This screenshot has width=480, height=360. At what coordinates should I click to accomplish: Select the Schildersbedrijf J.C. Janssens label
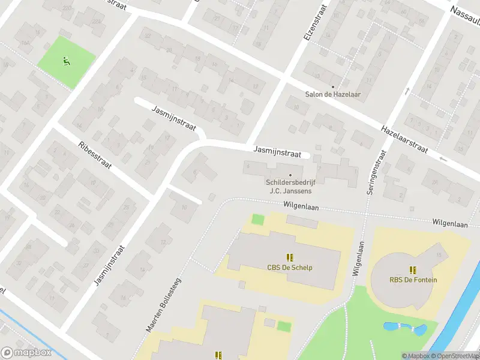pos(290,187)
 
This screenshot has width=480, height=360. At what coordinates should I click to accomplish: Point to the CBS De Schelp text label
pos(290,268)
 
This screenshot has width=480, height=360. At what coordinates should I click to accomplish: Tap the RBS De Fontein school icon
pos(413,269)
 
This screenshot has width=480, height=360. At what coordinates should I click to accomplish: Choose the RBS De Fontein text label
pos(413,280)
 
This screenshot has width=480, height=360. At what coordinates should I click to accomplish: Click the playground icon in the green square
pos(65,60)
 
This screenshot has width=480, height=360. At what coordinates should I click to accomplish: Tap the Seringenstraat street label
pos(374,171)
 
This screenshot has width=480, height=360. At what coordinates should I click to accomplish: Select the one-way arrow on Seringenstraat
pos(407,91)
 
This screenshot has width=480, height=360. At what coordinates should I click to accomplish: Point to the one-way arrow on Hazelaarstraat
pos(443,158)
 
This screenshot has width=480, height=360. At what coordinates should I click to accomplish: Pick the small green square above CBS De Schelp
pos(257,219)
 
